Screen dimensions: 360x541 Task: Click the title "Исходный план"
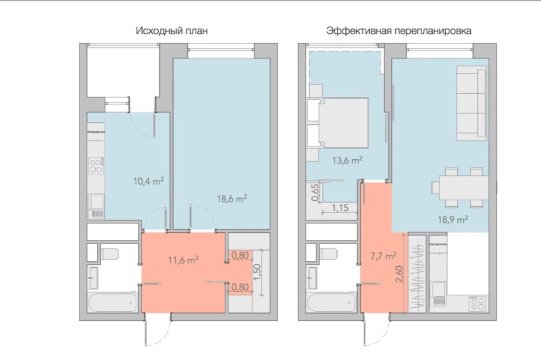coord(172,31)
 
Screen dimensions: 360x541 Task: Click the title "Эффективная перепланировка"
coord(399,31)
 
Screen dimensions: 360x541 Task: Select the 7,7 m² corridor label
coord(382,256)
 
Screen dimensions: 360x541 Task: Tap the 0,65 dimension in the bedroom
coord(316,193)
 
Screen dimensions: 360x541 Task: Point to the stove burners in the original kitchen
coord(95,165)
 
